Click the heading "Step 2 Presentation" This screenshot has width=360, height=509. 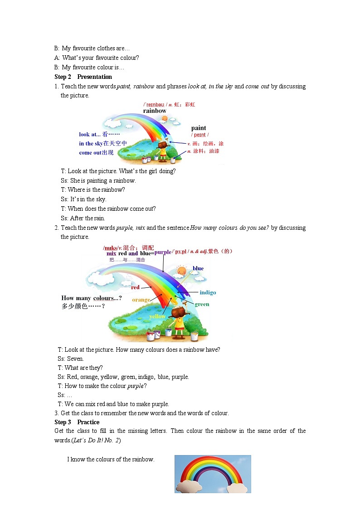tap(83, 77)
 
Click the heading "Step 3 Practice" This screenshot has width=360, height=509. tap(77, 422)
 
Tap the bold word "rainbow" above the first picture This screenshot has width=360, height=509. tap(155, 111)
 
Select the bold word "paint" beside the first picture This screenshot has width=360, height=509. tap(199, 128)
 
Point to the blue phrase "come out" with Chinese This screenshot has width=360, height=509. tap(96, 153)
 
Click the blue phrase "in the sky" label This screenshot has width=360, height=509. tap(103, 144)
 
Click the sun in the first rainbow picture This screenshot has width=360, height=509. tap(164, 119)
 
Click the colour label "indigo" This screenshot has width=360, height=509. tap(208, 292)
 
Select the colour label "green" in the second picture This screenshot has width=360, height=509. tap(202, 304)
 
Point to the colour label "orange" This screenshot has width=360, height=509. tap(141, 300)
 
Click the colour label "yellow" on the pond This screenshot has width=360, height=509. tap(157, 316)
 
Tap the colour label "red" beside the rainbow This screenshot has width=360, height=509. tap(135, 287)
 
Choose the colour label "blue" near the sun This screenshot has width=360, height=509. tap(198, 268)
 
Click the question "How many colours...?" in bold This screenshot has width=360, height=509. tap(91, 298)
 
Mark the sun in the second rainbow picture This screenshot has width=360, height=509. tap(181, 271)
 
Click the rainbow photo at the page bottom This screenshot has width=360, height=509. tap(212, 474)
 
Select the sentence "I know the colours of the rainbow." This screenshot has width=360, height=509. tap(111, 459)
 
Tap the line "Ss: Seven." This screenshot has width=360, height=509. tap(71, 359)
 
